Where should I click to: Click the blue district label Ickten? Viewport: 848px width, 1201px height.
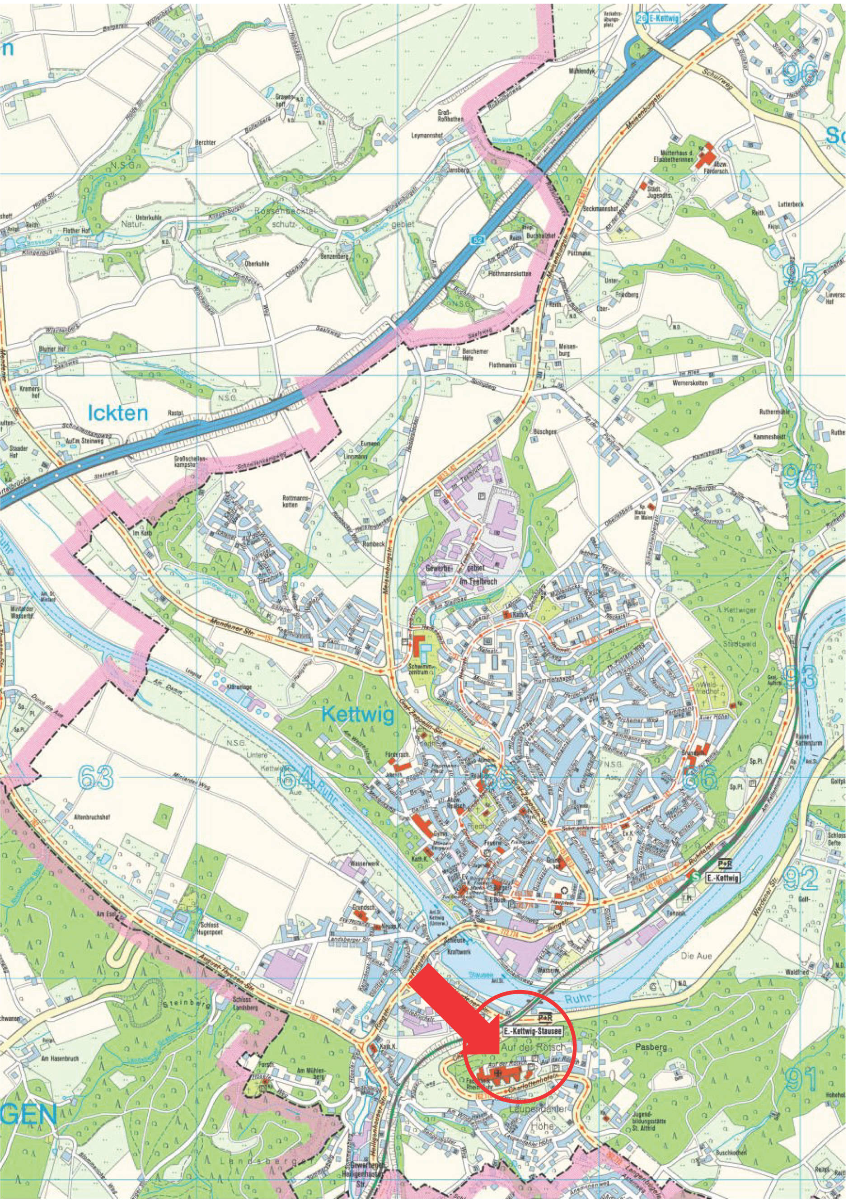pyautogui.click(x=118, y=413)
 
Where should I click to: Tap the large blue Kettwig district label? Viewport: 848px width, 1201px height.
pyautogui.click(x=358, y=715)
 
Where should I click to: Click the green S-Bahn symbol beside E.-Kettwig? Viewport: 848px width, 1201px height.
pyautogui.click(x=695, y=876)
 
